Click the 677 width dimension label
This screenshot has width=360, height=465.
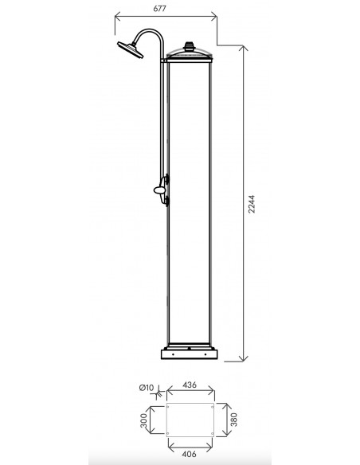pyautogui.click(x=159, y=9)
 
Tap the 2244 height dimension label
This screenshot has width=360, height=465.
pyautogui.click(x=252, y=204)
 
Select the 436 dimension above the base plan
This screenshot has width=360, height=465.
pyautogui.click(x=190, y=385)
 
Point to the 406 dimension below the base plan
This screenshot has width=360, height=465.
pyautogui.click(x=190, y=454)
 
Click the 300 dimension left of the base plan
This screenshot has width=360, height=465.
pyautogui.click(x=143, y=420)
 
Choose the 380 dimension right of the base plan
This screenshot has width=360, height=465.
pyautogui.click(x=234, y=420)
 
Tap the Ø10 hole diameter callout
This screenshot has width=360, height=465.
pyautogui.click(x=147, y=388)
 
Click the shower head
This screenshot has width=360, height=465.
pyautogui.click(x=131, y=49)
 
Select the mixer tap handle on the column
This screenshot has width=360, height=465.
pyautogui.click(x=160, y=190)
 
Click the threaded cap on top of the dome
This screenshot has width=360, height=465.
pyautogui.click(x=189, y=46)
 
